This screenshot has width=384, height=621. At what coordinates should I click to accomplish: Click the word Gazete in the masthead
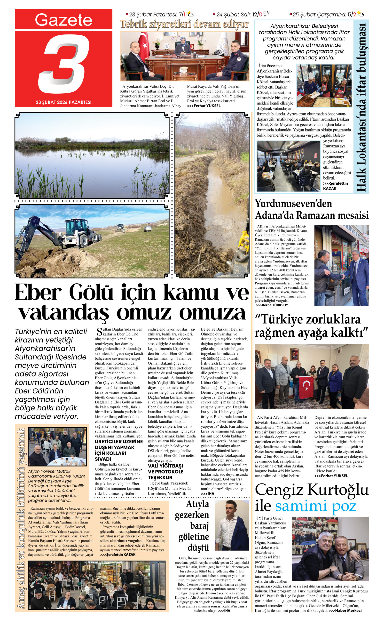pos(63,20)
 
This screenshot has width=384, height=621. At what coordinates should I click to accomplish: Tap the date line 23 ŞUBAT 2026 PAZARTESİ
pos(63,102)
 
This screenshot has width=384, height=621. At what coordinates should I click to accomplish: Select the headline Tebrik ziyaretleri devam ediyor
pos(184,25)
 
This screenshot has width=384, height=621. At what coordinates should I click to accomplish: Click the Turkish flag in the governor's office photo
pos(144,46)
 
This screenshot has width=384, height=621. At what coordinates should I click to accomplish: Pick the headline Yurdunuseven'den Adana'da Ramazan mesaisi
pos(312,210)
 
